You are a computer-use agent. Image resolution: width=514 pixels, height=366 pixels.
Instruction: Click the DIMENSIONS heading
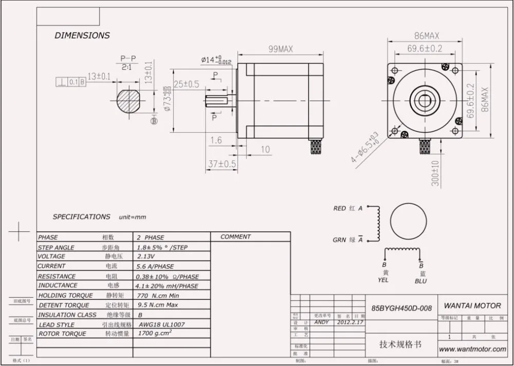82,35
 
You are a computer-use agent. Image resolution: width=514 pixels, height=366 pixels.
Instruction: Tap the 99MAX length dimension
280,49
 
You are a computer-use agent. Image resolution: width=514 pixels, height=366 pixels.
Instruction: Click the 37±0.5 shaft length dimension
222,164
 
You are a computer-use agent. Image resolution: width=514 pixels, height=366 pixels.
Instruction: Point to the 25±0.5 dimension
186,84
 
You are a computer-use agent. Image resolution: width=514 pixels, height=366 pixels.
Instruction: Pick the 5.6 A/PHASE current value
155,266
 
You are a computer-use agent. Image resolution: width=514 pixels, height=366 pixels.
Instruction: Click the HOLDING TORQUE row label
66,296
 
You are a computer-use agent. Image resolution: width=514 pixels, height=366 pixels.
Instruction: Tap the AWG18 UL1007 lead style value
161,325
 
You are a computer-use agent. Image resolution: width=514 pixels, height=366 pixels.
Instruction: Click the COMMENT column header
235,237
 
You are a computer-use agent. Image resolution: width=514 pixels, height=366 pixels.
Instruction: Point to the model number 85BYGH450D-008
401,308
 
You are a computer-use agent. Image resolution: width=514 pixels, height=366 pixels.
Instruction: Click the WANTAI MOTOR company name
472,306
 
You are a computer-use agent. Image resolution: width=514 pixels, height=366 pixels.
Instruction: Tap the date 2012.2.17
350,322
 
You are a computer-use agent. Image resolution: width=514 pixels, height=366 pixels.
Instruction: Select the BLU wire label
420,281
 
